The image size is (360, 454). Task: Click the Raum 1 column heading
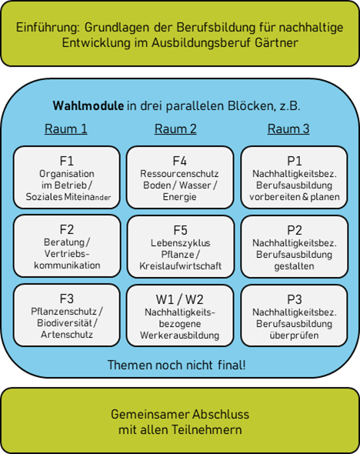point(66,129)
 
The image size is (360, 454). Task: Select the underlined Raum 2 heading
point(175,129)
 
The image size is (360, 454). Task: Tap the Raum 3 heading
point(288,129)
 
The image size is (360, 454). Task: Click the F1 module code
point(67,161)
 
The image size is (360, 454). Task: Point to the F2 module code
point(67,229)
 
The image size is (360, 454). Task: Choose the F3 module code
point(67,299)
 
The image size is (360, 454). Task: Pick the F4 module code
point(180,161)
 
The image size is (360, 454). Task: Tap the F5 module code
point(180,230)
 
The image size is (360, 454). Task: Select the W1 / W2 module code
point(180,299)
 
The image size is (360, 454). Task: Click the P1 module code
point(295,161)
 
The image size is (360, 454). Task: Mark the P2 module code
point(295,230)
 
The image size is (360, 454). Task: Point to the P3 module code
point(295,299)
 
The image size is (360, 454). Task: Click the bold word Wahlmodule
point(88,105)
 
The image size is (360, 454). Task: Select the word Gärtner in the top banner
point(276,43)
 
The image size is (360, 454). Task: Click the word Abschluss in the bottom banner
point(221,414)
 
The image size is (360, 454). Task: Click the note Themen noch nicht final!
point(176,365)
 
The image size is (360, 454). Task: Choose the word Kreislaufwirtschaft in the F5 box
point(180,266)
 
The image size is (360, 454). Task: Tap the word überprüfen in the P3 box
point(295,335)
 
